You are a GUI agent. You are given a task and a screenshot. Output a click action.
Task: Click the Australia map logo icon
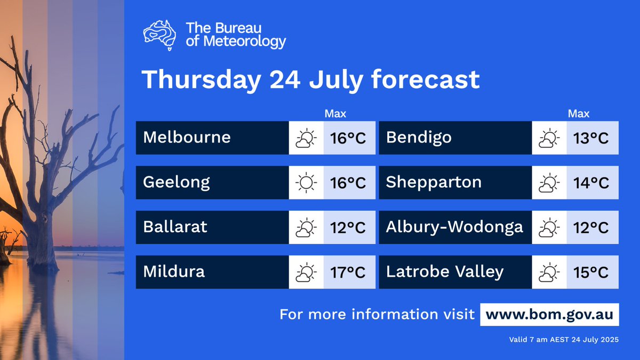(159, 35)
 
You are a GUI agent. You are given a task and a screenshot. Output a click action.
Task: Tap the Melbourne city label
(187, 138)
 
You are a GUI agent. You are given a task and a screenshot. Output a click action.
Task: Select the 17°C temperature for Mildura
(348, 272)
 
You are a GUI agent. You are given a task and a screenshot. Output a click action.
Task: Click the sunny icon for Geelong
(306, 182)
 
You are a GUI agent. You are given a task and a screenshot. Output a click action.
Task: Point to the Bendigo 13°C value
(591, 138)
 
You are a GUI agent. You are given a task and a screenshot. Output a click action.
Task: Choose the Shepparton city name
(434, 182)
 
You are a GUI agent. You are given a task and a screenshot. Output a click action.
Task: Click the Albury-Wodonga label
(454, 227)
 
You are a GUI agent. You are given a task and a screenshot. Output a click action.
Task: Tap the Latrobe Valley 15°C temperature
(591, 272)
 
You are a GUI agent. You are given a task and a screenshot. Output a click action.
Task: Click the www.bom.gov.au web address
(549, 314)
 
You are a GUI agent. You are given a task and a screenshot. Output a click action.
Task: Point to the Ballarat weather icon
(306, 228)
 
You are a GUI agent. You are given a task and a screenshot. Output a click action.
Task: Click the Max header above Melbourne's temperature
(335, 114)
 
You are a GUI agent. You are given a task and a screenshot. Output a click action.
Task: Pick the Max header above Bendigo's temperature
(579, 114)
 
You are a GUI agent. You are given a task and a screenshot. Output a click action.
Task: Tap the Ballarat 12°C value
(348, 228)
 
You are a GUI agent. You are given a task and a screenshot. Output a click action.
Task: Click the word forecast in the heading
(425, 80)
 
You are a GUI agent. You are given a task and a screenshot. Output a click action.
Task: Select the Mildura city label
(174, 272)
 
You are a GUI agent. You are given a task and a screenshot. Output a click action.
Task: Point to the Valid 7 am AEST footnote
(564, 340)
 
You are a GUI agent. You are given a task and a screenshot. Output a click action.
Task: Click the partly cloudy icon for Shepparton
(549, 183)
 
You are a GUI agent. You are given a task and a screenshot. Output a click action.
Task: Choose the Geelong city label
(177, 183)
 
